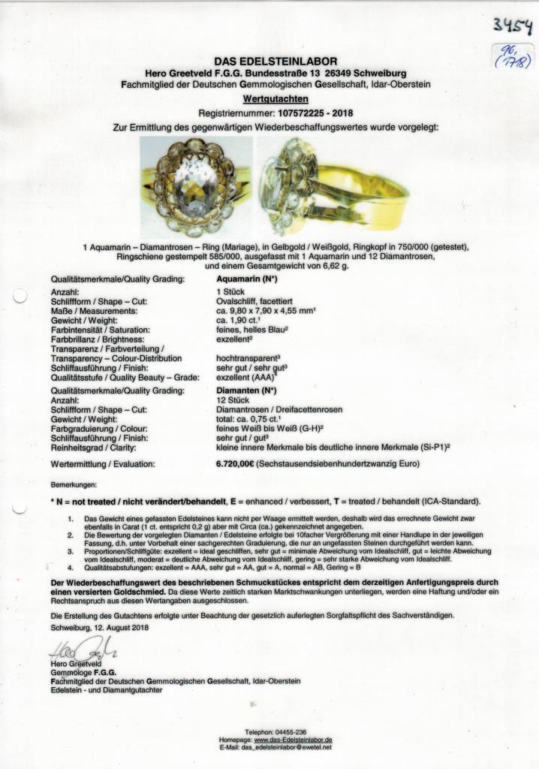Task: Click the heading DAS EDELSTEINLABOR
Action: point(276,61)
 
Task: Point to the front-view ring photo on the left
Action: point(195,186)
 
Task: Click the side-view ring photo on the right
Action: point(333,186)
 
